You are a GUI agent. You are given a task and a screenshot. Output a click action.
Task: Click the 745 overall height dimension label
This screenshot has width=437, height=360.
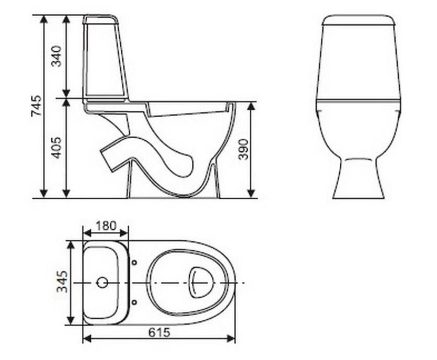tap(37, 106)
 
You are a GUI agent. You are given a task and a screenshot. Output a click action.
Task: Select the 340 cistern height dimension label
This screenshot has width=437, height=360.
tap(56, 56)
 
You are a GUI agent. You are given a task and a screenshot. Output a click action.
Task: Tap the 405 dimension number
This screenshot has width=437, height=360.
tap(56, 148)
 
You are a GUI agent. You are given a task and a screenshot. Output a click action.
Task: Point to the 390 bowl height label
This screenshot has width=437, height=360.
tap(243, 149)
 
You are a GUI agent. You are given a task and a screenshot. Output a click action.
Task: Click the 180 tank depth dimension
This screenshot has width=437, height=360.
tap(106, 226)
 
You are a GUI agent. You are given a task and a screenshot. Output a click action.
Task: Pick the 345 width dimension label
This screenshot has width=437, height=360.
tap(62, 282)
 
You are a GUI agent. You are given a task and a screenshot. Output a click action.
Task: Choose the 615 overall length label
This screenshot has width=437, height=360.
tap(159, 332)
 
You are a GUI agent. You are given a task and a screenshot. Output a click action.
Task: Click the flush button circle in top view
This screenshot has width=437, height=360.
tap(102, 283)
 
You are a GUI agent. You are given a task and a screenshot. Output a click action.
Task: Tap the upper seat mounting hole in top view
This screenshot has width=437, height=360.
tap(134, 262)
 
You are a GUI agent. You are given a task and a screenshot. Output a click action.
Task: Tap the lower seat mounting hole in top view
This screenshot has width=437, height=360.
tap(134, 302)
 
